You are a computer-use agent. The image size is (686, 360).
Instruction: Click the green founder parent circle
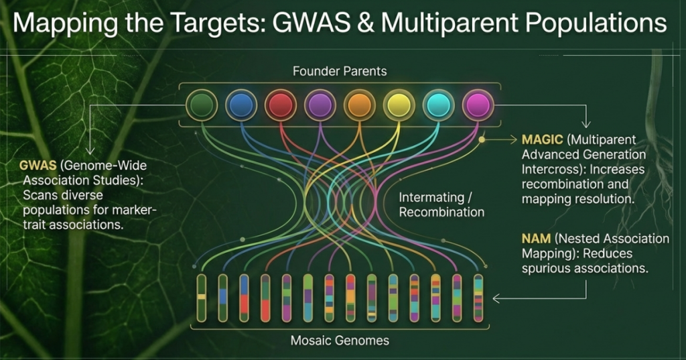[200, 105]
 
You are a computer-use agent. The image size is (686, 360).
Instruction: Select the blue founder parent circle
[239, 105]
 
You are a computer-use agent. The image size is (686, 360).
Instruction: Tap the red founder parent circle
[279, 105]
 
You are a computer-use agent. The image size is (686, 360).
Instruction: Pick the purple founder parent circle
[318, 105]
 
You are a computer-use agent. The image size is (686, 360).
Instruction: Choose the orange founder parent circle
[358, 105]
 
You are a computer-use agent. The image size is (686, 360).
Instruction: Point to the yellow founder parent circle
[398, 105]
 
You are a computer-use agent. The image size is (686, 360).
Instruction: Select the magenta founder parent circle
[478, 105]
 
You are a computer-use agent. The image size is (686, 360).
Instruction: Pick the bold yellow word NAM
[535, 239]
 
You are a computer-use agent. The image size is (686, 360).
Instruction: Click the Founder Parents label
[340, 70]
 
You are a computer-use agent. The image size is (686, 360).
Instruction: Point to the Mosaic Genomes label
[340, 341]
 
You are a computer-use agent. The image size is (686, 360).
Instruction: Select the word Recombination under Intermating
[441, 213]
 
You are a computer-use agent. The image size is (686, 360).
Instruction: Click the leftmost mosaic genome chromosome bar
[201, 297]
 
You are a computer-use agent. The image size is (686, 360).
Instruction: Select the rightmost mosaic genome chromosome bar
[478, 297]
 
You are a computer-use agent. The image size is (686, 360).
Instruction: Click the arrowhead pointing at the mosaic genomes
[496, 298]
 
